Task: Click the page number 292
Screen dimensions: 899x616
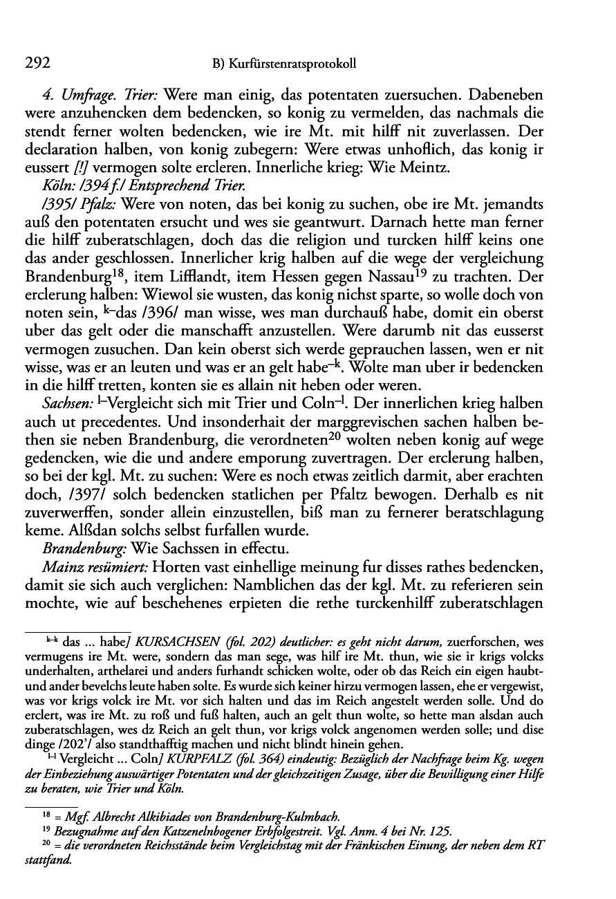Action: pos(37,64)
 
